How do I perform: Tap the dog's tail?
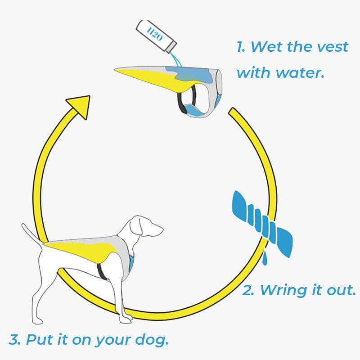tap(31, 234)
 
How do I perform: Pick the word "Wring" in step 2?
tap(283, 290)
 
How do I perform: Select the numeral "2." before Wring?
tap(249, 290)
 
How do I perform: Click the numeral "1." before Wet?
tap(242, 46)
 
